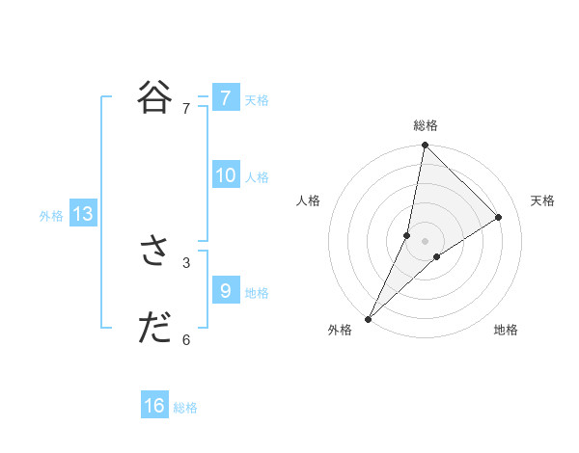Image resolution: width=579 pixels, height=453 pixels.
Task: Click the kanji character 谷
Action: pyautogui.click(x=154, y=97)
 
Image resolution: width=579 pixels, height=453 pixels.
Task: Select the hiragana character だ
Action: pyautogui.click(x=154, y=329)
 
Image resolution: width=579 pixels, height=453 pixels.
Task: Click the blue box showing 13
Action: pyautogui.click(x=83, y=214)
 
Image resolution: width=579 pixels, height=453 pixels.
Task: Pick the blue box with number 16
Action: pyautogui.click(x=154, y=406)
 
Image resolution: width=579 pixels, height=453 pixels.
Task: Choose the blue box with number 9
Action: pyautogui.click(x=226, y=290)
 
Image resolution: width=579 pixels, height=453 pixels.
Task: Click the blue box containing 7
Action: pyautogui.click(x=226, y=97)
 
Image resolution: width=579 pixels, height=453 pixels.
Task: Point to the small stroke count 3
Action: pyautogui.click(x=186, y=262)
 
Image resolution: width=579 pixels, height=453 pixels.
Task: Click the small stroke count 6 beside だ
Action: pyautogui.click(x=186, y=339)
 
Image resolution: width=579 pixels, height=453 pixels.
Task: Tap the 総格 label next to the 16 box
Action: pyautogui.click(x=185, y=408)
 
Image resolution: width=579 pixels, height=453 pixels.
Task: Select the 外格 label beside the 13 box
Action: pyautogui.click(x=51, y=216)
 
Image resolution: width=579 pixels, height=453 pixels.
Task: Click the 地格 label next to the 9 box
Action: pyautogui.click(x=257, y=292)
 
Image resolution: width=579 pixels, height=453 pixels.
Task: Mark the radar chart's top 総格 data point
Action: pyautogui.click(x=425, y=146)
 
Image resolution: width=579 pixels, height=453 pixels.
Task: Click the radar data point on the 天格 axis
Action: pyautogui.click(x=499, y=217)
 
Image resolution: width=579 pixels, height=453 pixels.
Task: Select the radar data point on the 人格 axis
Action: pyautogui.click(x=407, y=235)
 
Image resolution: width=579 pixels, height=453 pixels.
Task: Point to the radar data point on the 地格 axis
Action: pyautogui.click(x=437, y=256)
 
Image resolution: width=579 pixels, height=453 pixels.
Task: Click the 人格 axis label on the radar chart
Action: pyautogui.click(x=308, y=200)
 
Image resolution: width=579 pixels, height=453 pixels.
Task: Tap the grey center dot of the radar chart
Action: pyautogui.click(x=425, y=240)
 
